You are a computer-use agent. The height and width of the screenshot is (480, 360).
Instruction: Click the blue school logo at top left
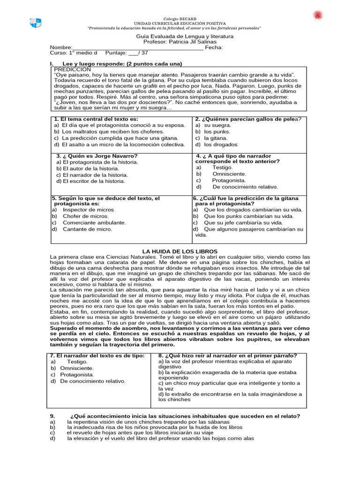coord(36,22)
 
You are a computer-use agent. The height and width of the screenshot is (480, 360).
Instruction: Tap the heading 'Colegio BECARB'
coord(180,18)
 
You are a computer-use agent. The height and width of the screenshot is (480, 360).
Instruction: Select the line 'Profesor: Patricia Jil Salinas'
coord(180,42)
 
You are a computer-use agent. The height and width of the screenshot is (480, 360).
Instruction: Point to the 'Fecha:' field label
coord(214,47)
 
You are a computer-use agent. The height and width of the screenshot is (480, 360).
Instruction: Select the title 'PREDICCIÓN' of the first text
coord(73,69)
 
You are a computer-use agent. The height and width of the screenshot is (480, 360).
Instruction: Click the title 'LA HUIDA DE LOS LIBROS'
coord(180,252)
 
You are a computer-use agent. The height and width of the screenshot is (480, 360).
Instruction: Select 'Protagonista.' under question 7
coord(77,375)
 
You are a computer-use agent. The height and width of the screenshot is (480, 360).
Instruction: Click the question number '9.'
coord(52,416)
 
